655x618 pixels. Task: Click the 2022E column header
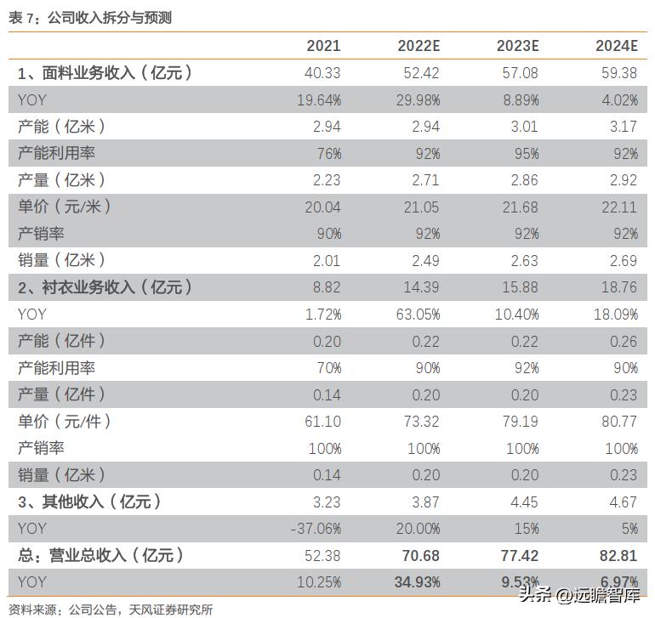tap(419, 46)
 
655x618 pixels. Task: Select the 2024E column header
tap(616, 46)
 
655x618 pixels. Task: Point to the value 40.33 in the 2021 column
tap(322, 73)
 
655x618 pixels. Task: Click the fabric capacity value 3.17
tap(623, 127)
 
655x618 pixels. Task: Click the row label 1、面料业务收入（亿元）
tap(105, 73)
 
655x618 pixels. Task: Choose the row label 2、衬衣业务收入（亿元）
tap(105, 287)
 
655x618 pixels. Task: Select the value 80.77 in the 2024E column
tap(619, 422)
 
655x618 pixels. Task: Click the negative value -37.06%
tap(316, 529)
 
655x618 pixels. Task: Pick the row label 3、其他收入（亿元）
tap(90, 502)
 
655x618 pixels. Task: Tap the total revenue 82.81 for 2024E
tap(618, 556)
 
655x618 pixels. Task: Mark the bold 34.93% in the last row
tap(417, 582)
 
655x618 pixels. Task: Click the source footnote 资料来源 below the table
tap(111, 609)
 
